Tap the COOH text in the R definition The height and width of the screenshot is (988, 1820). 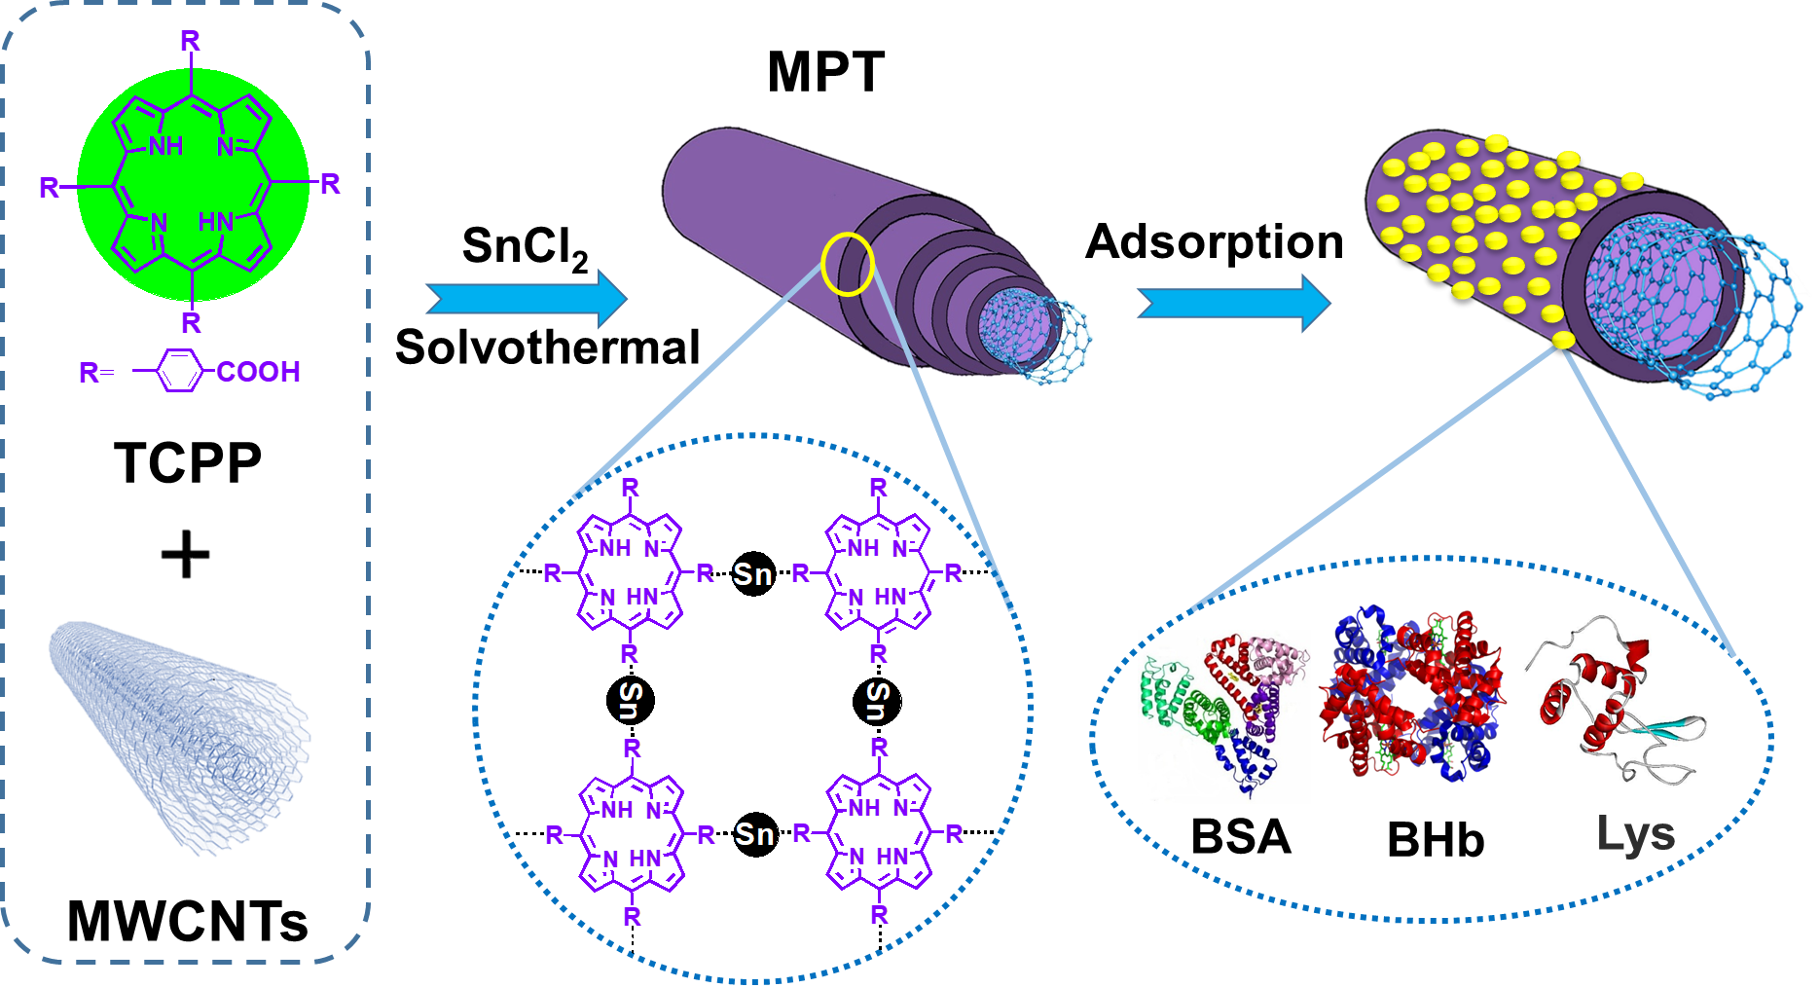pos(258,372)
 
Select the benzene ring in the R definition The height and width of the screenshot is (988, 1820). pos(179,371)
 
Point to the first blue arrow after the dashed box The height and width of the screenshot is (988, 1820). pos(527,299)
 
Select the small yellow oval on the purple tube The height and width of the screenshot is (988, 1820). pos(847,264)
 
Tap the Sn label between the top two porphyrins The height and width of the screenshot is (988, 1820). pos(752,574)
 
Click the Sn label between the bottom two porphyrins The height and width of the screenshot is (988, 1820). pos(754,834)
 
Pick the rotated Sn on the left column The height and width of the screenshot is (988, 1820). pos(631,700)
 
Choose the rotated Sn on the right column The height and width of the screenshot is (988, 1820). pos(878,700)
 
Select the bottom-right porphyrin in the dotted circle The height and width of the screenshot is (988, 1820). pos(880,833)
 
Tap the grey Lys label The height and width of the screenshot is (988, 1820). pos(1635,833)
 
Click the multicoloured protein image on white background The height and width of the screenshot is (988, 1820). pos(1223,716)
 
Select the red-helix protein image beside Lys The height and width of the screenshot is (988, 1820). pos(1615,699)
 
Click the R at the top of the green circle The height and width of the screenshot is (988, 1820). pos(190,41)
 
